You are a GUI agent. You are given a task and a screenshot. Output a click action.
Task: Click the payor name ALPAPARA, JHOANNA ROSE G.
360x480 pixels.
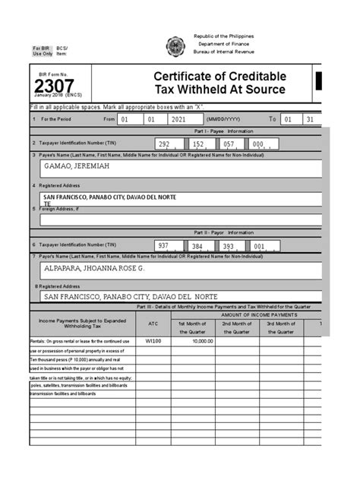(x=94, y=268)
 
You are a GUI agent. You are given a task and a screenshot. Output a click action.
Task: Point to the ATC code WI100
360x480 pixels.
(x=153, y=341)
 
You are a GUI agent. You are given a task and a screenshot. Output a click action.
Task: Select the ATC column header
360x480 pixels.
(x=153, y=323)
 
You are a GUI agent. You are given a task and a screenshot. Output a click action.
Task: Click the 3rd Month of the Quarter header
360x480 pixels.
(x=281, y=327)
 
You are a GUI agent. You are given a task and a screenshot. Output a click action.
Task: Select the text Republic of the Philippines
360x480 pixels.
(x=223, y=36)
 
